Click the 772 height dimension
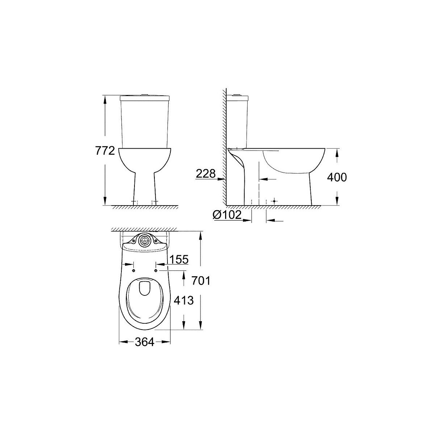click(x=105, y=151)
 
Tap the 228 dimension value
click(x=206, y=174)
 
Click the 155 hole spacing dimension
click(x=179, y=259)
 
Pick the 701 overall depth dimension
click(x=201, y=281)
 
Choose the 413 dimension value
click(x=184, y=300)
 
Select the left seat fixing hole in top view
click(x=134, y=270)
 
